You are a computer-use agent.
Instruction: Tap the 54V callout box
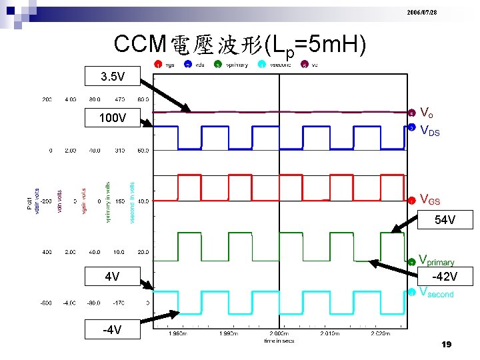click(445, 219)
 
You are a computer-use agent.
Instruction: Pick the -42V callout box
click(445, 276)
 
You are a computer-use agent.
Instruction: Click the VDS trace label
click(430, 131)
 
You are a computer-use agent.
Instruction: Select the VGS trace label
click(430, 199)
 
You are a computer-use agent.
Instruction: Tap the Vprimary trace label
click(437, 261)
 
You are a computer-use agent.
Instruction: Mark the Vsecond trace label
click(437, 293)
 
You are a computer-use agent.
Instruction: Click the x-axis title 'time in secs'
click(279, 341)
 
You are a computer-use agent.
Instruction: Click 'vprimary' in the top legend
click(237, 65)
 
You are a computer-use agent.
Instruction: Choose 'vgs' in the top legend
click(171, 65)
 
